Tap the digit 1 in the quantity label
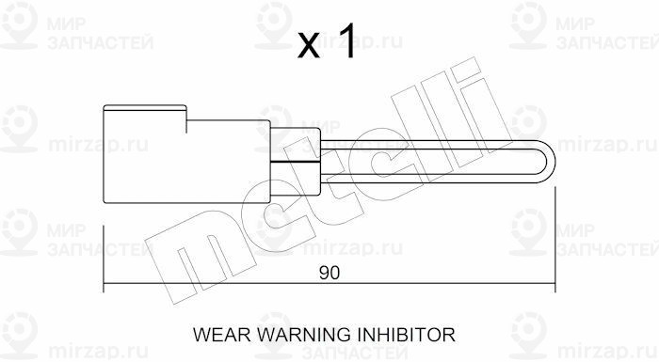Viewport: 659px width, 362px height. (x=347, y=40)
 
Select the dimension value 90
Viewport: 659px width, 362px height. (x=329, y=273)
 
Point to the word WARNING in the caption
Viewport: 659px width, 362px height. (x=303, y=335)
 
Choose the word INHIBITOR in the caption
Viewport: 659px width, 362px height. (x=406, y=335)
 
